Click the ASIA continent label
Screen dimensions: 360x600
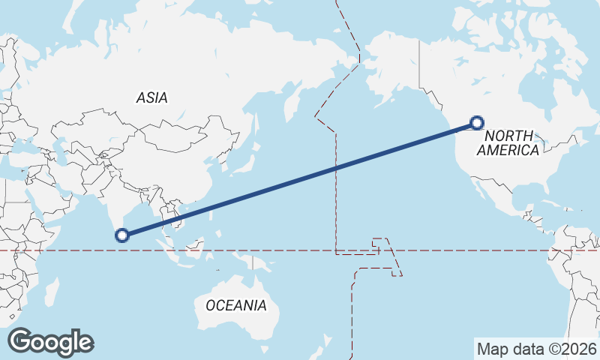[151, 97]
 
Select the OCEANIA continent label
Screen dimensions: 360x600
[235, 305]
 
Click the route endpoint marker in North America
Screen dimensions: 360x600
[476, 123]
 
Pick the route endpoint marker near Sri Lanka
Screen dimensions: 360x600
[121, 235]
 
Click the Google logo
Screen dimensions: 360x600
[50, 342]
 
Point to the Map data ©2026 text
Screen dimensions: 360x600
[536, 349]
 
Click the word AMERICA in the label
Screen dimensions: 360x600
[508, 150]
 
